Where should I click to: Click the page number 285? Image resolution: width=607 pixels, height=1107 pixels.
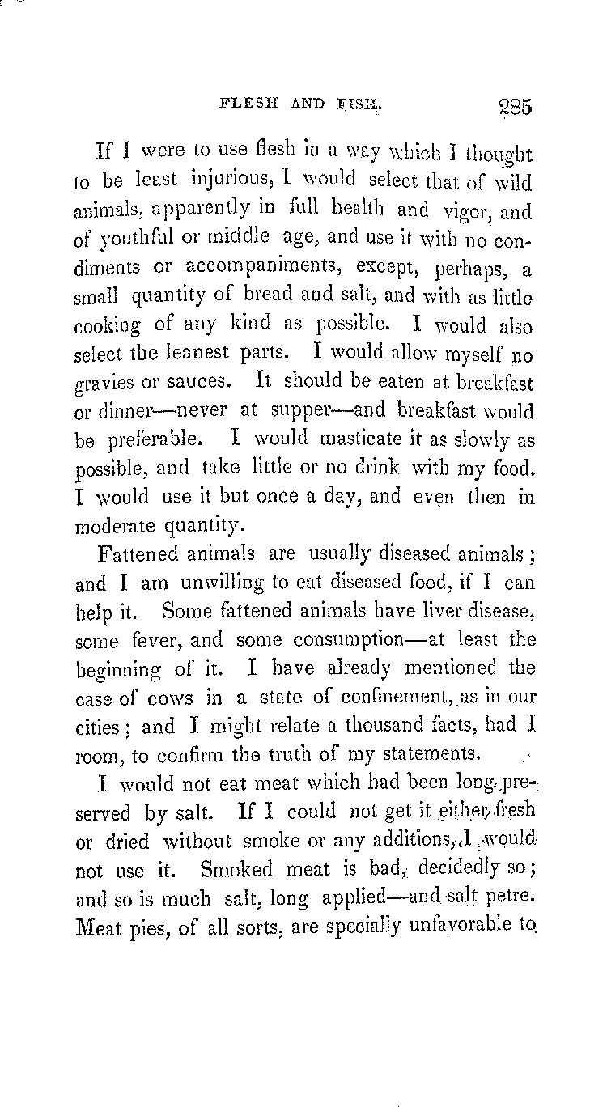pos(510,107)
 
